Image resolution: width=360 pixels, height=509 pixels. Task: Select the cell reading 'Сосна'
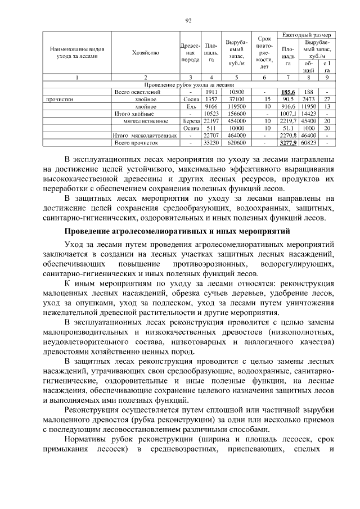click(191, 99)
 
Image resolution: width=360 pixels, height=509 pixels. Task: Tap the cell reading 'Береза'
click(191, 121)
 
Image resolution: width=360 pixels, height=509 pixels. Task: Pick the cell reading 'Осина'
click(191, 128)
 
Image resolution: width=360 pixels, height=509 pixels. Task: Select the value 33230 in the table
click(211, 143)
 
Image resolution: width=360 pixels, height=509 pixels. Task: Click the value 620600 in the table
click(236, 143)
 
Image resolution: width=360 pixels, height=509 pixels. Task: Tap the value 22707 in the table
click(211, 136)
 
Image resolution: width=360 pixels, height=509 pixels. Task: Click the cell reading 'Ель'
click(191, 106)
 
